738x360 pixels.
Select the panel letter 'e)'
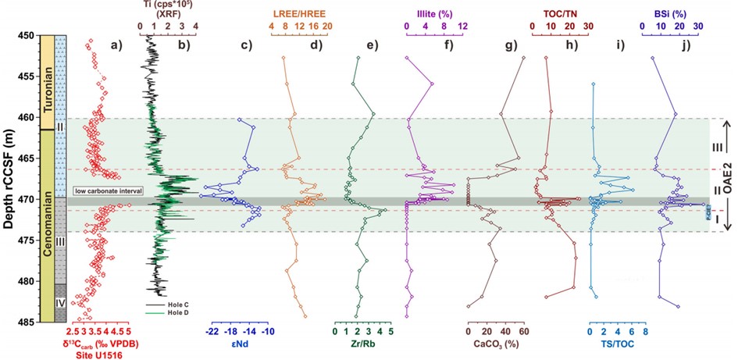[372, 45]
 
